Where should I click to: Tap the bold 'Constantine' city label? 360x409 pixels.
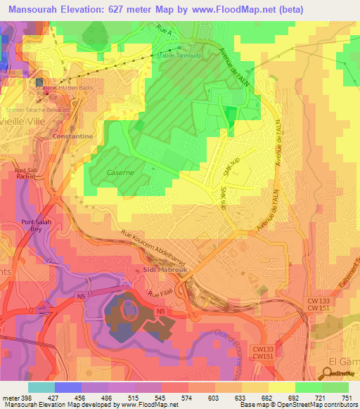[72, 135]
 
